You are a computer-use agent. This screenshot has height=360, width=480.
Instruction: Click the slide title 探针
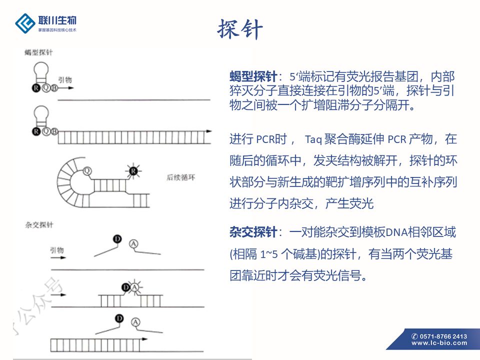pos(240,29)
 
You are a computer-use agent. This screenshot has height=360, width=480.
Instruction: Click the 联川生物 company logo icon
pos(25,22)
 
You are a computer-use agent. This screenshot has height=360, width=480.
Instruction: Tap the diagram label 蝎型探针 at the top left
pos(39,52)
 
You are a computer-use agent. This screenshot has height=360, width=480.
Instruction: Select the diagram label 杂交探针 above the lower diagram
pos(39,225)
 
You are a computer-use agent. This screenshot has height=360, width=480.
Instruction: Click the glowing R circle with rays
pos(133,172)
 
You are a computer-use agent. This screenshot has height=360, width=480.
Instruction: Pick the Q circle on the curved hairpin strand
pos(87,170)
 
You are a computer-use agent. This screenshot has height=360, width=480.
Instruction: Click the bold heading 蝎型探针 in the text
pos(253,77)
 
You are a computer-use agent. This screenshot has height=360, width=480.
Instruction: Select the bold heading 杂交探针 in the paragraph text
pos(253,232)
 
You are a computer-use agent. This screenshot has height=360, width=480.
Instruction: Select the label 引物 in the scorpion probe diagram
pos(65,79)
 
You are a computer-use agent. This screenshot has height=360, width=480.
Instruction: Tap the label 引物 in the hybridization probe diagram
pos(56,249)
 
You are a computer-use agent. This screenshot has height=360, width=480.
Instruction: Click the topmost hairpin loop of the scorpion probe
pos(42,68)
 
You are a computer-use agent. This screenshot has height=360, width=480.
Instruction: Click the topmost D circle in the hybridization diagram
pos(117,240)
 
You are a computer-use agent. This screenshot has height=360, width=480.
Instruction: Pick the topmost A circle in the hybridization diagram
pos(133,243)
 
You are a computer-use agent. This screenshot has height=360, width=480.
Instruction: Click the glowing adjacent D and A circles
pos(129,287)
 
